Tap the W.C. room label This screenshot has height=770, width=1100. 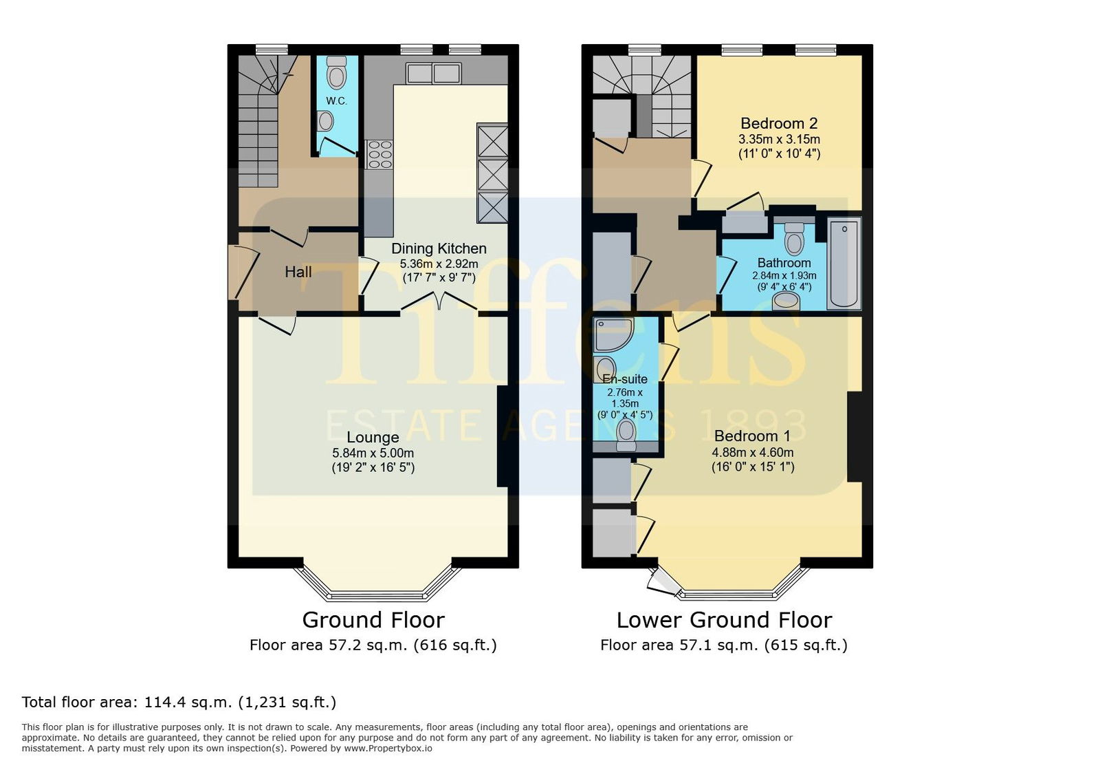tap(336, 101)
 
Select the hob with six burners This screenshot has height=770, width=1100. tap(379, 154)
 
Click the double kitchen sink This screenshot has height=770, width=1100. tap(434, 73)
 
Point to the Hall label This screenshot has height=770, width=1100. tap(298, 272)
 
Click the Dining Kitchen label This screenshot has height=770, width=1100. tap(439, 248)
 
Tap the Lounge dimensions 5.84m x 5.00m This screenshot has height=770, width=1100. tap(373, 453)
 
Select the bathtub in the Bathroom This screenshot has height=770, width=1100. tap(844, 264)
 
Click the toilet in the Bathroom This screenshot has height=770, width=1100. tap(794, 239)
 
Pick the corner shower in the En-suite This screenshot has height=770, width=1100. tap(613, 334)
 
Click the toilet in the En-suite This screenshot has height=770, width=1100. tap(626, 435)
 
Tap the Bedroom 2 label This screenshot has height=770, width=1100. tap(779, 123)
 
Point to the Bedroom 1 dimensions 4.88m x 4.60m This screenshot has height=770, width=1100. tap(753, 452)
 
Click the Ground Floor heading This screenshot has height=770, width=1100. tap(373, 620)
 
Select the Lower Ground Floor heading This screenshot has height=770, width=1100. tap(725, 620)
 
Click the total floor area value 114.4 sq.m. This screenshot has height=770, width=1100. tap(187, 702)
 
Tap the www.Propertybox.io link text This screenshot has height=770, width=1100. tap(388, 749)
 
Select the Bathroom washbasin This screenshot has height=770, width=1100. tap(786, 301)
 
